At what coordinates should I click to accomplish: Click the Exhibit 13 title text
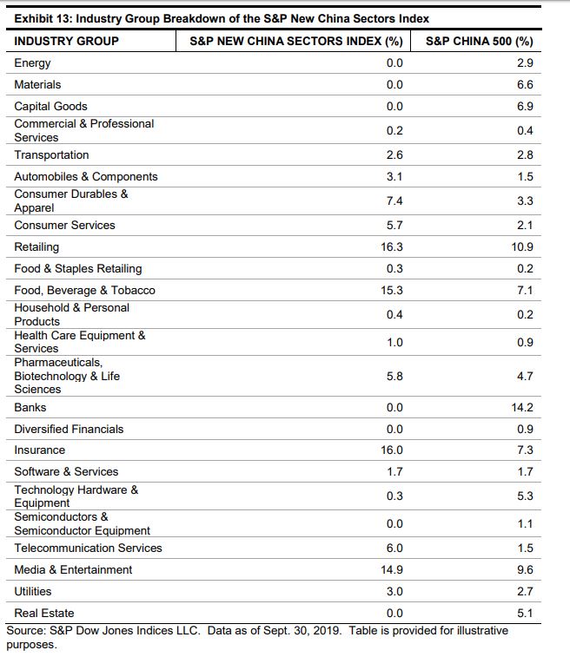click(x=222, y=18)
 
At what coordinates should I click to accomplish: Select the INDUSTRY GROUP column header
click(x=67, y=41)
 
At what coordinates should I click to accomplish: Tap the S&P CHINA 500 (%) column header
click(x=479, y=41)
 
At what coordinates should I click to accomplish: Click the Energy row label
click(x=32, y=63)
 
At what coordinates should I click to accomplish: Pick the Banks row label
click(x=30, y=407)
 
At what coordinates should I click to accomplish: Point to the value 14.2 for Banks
click(x=523, y=407)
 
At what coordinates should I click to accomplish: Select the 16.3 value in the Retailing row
click(x=392, y=247)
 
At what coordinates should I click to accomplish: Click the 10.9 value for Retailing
click(x=523, y=247)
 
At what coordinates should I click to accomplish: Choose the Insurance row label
click(x=39, y=450)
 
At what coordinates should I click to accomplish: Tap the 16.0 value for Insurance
click(x=392, y=450)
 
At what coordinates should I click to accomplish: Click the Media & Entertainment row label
click(x=73, y=569)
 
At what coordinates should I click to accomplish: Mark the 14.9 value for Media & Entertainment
click(x=392, y=569)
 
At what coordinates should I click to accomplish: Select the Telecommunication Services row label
click(x=88, y=548)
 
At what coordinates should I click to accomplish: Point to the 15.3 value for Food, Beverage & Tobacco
click(x=392, y=290)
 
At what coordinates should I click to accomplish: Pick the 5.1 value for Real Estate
click(x=525, y=613)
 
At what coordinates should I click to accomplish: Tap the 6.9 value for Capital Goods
click(x=525, y=106)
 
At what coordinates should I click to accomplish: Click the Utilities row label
click(x=33, y=591)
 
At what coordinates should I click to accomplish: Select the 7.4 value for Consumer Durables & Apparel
click(x=394, y=200)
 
